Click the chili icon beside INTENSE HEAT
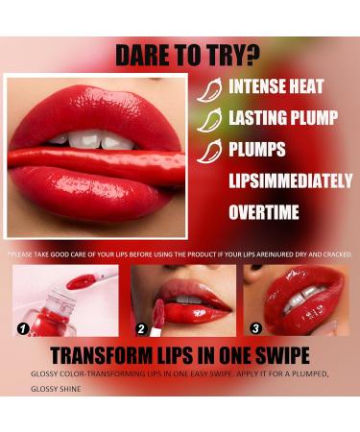click(x=209, y=90)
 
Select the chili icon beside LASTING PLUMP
click(x=209, y=120)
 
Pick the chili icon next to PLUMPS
click(x=209, y=153)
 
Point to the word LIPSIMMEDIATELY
click(x=291, y=180)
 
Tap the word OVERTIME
click(x=264, y=212)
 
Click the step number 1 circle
click(x=23, y=329)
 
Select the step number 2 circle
click(x=141, y=329)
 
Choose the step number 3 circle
click(x=255, y=328)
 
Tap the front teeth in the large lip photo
click(x=93, y=140)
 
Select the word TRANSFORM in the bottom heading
click(x=102, y=355)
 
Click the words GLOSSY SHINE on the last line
click(x=56, y=389)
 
